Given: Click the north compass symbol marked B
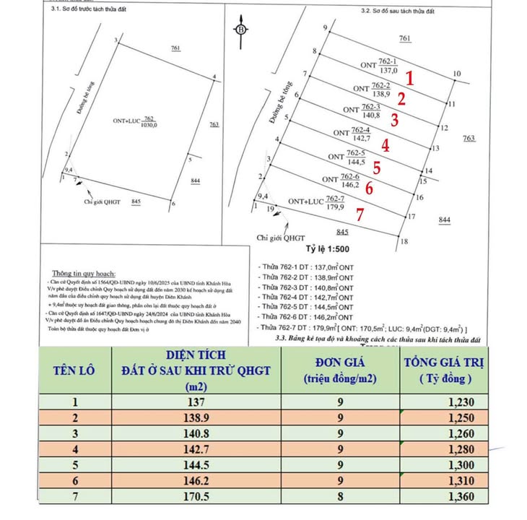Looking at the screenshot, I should pyautogui.click(x=240, y=30).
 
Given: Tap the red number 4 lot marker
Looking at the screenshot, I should pyautogui.click(x=386, y=144).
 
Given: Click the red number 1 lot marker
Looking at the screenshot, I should pyautogui.click(x=409, y=77).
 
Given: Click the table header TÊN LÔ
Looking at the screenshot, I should pyautogui.click(x=75, y=370).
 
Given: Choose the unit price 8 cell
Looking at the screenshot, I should pyautogui.click(x=339, y=496).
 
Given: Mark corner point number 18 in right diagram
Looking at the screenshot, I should pyautogui.click(x=404, y=242).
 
